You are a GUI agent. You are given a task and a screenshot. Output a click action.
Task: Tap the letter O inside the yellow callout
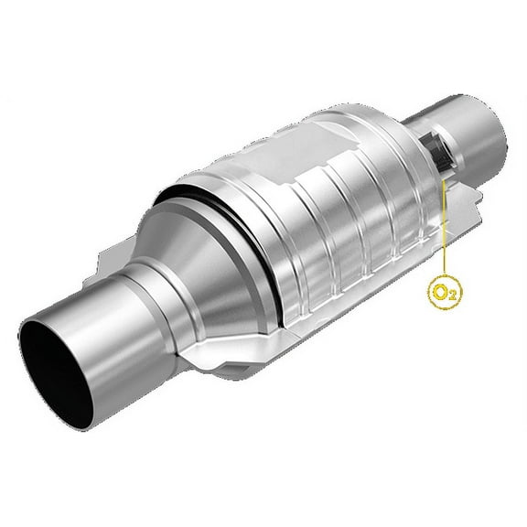(x=441, y=293)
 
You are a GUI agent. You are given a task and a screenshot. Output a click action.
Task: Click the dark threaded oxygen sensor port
(x=437, y=152)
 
